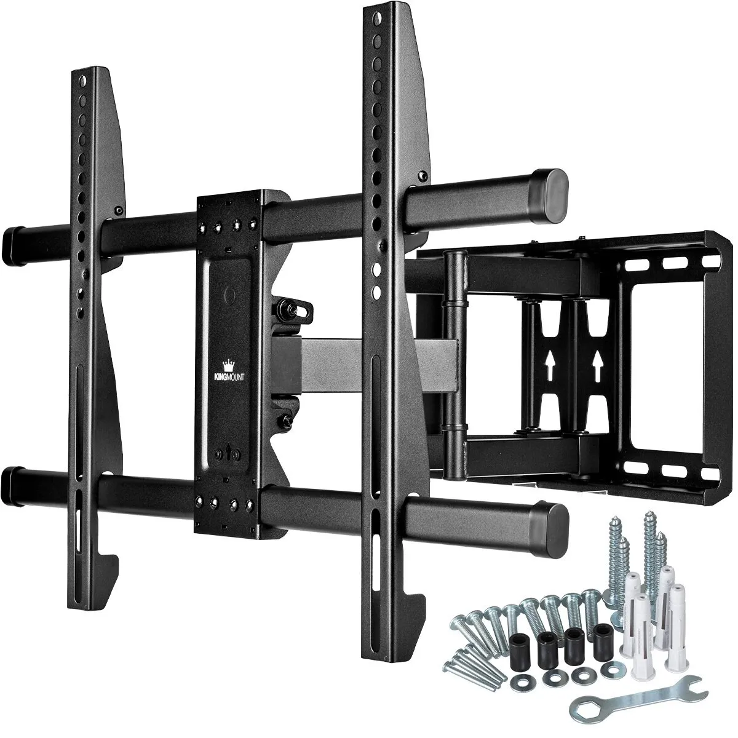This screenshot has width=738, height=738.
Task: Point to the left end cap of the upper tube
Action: click(x=14, y=237)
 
